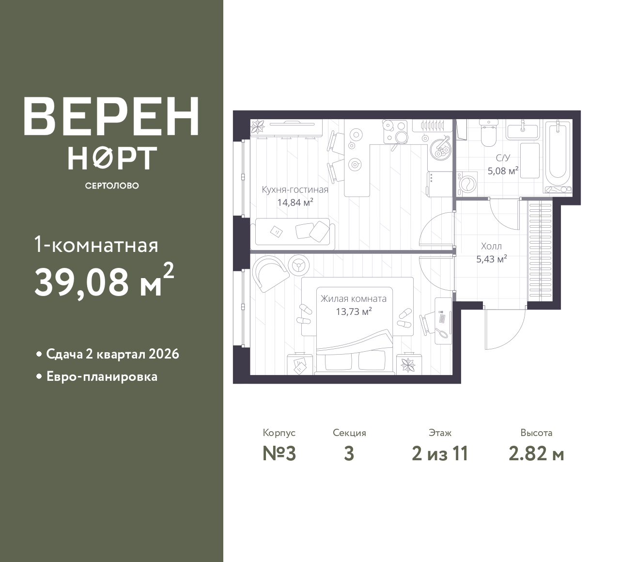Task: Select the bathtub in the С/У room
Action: pos(558,157)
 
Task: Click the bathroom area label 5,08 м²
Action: pos(503,171)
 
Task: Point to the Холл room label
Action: pos(492,247)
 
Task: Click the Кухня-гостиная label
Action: pos(295,189)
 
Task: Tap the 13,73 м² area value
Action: pos(354,312)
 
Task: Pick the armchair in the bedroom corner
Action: pos(270,273)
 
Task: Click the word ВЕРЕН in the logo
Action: pos(111,117)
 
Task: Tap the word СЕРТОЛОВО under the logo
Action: pos(112,186)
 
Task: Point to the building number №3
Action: pos(279,454)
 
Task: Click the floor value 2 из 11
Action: pos(440,454)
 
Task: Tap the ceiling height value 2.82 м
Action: pos(536,454)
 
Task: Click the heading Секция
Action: pos(349,433)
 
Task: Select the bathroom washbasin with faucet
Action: pos(522,130)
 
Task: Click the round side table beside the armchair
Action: pos(298,265)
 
